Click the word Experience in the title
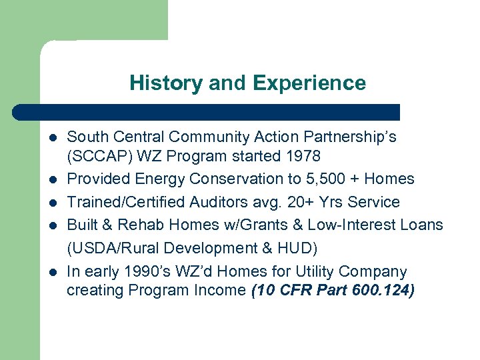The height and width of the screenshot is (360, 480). tap(309, 83)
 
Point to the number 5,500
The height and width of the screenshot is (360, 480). tap(325, 179)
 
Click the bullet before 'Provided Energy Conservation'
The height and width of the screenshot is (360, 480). tap(52, 179)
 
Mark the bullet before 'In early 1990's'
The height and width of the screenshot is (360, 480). tap(52, 272)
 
